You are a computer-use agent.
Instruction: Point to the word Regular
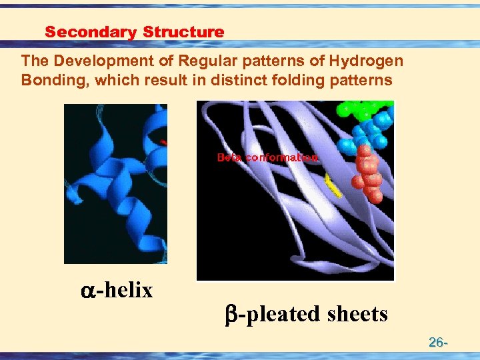[205, 61]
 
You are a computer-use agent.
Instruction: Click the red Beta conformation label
[267, 158]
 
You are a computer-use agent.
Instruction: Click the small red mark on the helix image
[164, 142]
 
